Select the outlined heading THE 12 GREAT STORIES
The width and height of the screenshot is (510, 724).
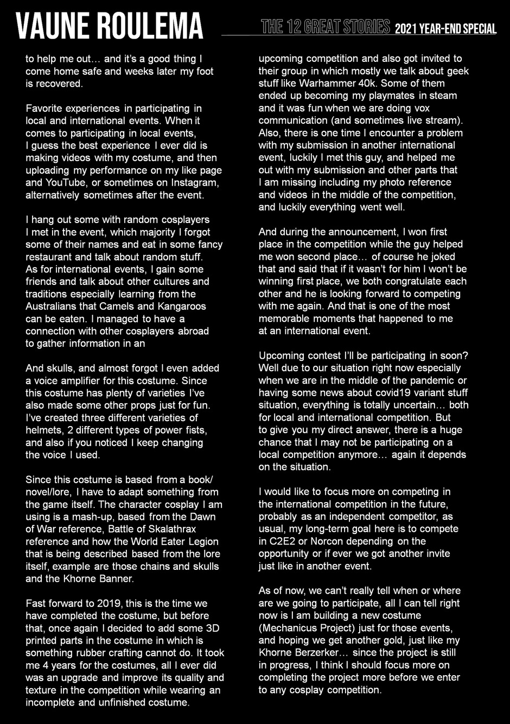pos(326,27)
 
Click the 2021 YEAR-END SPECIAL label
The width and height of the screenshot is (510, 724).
pos(445,29)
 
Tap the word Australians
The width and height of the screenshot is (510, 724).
pos(54,306)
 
